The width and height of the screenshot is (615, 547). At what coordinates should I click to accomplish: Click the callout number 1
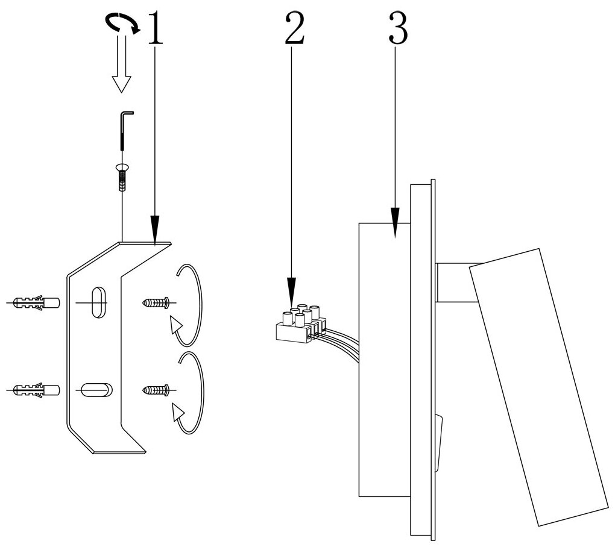coord(156,28)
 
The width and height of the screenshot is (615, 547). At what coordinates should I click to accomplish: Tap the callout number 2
coord(294,28)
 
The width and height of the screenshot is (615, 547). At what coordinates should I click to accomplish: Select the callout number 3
coord(397,28)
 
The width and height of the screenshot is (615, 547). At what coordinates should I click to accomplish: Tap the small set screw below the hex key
coord(122,178)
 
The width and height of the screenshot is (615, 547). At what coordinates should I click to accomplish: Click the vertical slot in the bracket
coord(96,301)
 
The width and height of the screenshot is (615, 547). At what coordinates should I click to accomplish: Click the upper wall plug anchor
coord(36,301)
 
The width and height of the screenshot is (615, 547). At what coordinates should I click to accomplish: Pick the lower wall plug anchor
coord(36,390)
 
